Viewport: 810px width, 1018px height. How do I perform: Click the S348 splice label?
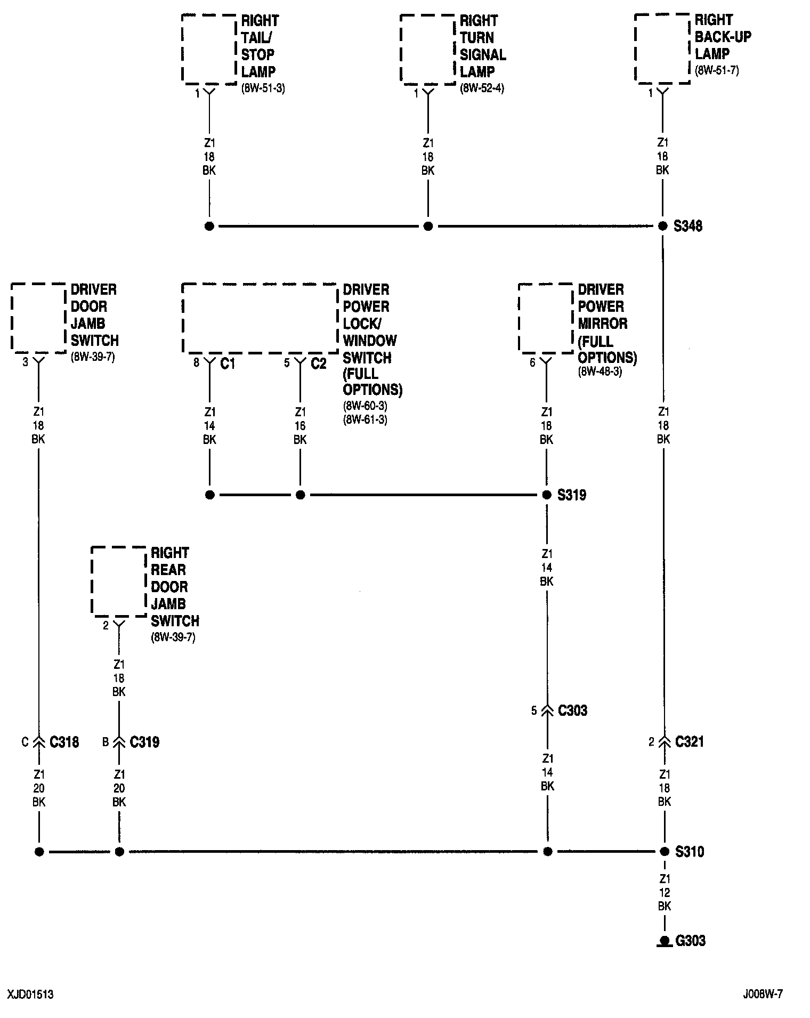point(687,226)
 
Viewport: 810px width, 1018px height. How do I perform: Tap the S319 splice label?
point(571,495)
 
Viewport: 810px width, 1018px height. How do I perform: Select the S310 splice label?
point(689,852)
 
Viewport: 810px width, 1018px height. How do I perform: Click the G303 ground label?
point(690,940)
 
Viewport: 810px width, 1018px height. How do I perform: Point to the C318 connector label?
point(64,742)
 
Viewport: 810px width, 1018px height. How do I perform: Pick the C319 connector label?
point(144,742)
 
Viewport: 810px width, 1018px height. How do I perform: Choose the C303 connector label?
point(572,710)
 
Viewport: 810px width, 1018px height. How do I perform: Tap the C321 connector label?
point(689,741)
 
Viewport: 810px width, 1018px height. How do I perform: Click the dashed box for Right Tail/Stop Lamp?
point(209,49)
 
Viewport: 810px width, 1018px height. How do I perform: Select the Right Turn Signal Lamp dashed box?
point(427,49)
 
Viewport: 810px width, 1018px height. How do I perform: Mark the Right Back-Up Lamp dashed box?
point(662,49)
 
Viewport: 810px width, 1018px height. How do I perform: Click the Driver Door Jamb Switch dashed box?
point(38,318)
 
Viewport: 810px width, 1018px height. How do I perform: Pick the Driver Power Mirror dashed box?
point(546,318)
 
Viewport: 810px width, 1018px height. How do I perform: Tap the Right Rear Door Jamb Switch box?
point(118,581)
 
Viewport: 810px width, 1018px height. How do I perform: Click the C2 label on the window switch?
point(318,363)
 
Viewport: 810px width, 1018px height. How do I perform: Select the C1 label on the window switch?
point(228,363)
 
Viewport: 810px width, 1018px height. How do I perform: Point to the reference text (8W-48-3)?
point(600,371)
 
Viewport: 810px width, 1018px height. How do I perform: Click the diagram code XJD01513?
point(30,995)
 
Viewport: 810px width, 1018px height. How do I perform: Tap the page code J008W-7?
point(763,994)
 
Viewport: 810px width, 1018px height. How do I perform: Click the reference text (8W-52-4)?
point(482,88)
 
